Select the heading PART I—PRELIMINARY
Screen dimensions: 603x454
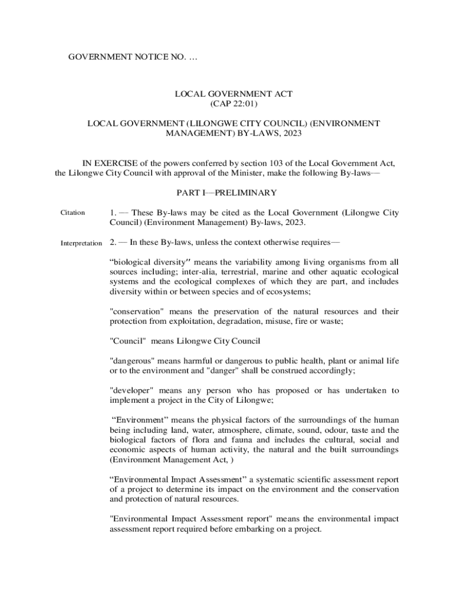click(226, 193)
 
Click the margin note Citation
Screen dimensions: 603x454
click(73, 213)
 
